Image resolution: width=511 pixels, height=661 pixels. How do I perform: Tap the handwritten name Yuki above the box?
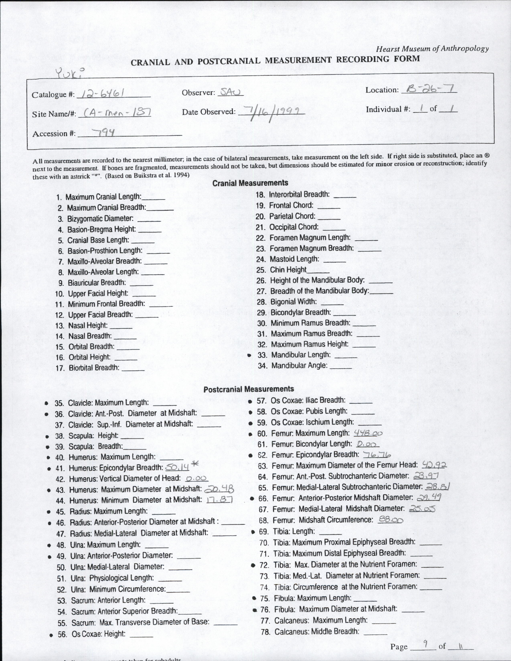69,73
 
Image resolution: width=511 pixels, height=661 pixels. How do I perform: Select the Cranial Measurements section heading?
250,183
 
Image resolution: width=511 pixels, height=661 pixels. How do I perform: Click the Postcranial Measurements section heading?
248,389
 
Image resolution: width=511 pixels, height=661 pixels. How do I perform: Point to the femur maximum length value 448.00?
368,433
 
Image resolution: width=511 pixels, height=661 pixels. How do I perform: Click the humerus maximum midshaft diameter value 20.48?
219,489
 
